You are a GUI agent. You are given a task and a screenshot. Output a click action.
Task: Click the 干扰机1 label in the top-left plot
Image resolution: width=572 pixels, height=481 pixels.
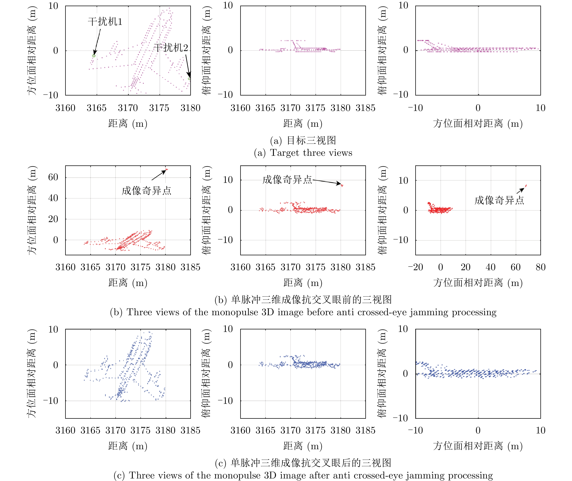[105, 22]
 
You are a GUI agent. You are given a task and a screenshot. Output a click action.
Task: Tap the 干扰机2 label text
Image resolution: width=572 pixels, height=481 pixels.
[171, 48]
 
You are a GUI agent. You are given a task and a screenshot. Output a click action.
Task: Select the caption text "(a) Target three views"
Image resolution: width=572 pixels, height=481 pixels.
[303, 153]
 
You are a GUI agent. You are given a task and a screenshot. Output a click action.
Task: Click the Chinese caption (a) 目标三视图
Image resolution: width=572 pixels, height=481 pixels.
[303, 140]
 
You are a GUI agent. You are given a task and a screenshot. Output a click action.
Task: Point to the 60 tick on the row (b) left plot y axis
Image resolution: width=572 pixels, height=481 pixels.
[53, 177]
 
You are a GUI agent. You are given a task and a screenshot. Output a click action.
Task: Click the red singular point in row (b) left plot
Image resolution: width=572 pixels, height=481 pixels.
[167, 170]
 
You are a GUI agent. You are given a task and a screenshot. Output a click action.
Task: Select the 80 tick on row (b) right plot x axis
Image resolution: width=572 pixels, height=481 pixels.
[540, 267]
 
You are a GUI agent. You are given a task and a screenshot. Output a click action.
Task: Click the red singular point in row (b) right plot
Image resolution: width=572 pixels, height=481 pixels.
[526, 186]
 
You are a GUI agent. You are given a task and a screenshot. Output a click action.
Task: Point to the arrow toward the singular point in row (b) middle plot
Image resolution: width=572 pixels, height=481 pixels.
[327, 182]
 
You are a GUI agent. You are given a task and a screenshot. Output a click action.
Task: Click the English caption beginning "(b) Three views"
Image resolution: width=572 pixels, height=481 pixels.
[303, 312]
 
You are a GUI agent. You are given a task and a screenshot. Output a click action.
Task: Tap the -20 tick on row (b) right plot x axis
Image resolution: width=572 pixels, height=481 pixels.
[415, 267]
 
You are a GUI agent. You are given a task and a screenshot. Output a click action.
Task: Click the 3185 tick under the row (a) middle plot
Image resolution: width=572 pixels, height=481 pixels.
[365, 108]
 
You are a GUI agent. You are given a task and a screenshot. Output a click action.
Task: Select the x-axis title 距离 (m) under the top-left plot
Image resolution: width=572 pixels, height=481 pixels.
[128, 123]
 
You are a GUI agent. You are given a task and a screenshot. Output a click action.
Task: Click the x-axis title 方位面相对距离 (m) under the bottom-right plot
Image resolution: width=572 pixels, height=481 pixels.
[478, 446]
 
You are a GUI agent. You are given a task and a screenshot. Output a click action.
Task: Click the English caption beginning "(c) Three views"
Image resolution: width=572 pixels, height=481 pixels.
[303, 475]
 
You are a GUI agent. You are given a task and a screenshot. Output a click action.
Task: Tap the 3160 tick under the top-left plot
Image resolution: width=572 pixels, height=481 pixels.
[65, 108]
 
